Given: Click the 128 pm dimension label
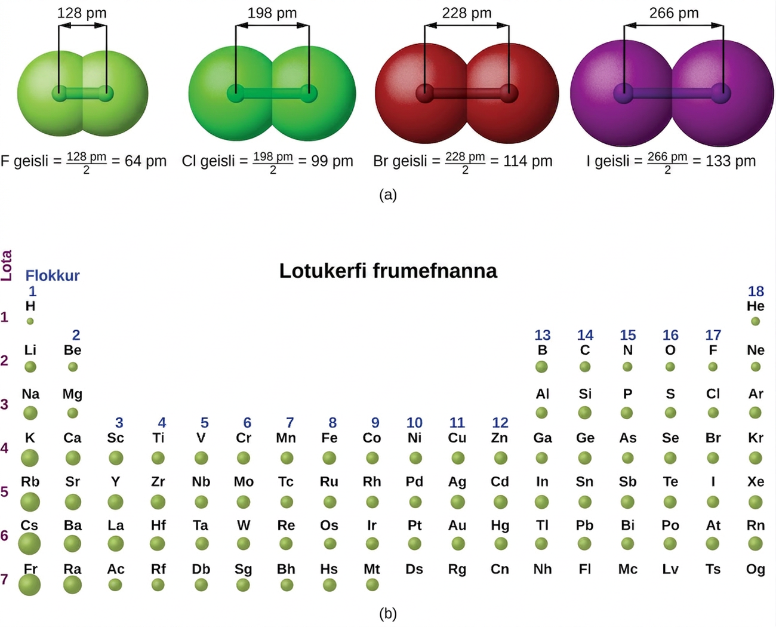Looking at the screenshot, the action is click(82, 14).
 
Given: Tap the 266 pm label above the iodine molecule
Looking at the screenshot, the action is click(674, 14).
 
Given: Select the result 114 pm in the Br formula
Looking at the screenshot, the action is click(528, 161).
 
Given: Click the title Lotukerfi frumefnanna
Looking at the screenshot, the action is click(388, 271).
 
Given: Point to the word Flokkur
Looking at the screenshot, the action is click(53, 276).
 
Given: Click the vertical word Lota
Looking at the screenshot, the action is click(7, 265).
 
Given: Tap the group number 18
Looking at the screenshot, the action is click(756, 291).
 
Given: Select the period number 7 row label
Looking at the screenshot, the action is click(4, 579).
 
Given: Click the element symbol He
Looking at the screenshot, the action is click(756, 306).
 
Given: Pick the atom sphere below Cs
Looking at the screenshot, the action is click(29, 543).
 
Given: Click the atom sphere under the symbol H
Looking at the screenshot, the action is click(30, 321).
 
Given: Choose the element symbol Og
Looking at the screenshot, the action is click(756, 570).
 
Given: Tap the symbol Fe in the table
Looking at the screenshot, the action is click(329, 438).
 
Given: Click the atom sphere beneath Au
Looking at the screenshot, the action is click(458, 543).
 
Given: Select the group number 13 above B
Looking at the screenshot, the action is click(543, 335).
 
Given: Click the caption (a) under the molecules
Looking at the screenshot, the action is click(388, 195).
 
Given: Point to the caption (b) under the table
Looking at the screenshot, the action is click(388, 614).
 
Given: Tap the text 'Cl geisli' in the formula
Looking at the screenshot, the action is click(208, 161).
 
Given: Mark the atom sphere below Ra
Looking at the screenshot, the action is click(72, 585).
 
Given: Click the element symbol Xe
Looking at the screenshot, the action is click(756, 482).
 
